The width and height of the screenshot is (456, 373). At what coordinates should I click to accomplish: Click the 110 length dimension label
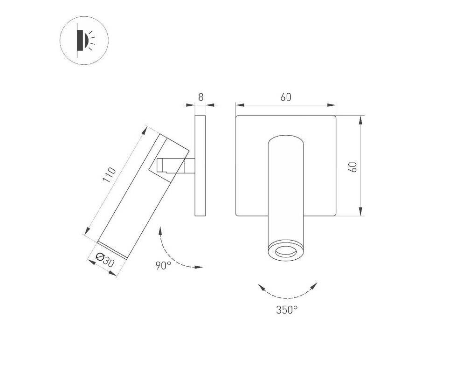[x=110, y=175]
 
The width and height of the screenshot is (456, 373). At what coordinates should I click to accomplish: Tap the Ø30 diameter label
[x=105, y=260]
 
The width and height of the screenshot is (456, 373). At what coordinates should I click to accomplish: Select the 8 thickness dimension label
[x=200, y=97]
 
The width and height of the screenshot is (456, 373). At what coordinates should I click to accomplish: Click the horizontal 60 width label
[x=285, y=97]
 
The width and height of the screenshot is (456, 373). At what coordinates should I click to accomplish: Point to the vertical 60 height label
[x=353, y=166]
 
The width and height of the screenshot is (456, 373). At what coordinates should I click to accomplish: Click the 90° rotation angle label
[x=163, y=265]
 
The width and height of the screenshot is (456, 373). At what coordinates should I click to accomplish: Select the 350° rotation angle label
[x=287, y=310]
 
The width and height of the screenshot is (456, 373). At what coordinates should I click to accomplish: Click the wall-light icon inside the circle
[x=85, y=41]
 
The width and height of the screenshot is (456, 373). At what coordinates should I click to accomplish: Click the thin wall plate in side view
[x=200, y=166]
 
